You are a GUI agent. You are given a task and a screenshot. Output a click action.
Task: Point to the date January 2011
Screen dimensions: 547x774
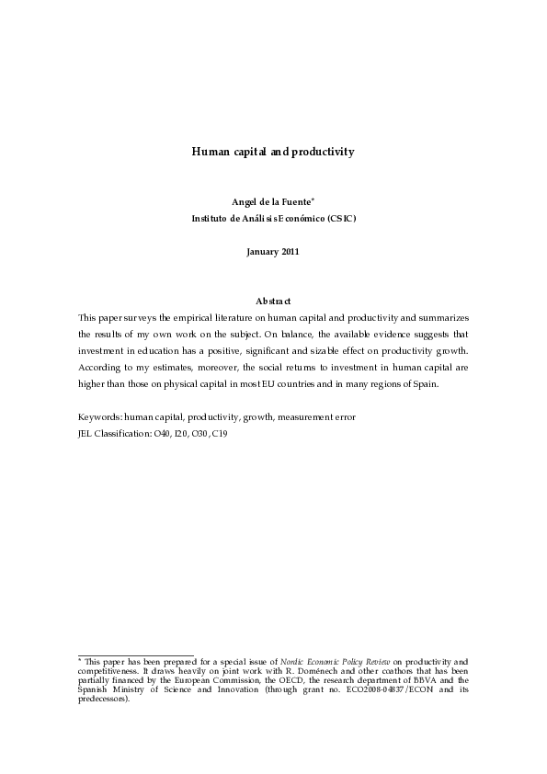tap(273, 251)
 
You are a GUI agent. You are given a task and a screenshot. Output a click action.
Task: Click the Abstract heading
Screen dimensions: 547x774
tap(273, 302)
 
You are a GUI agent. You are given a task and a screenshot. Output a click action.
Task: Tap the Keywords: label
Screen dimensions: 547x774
tap(99, 416)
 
